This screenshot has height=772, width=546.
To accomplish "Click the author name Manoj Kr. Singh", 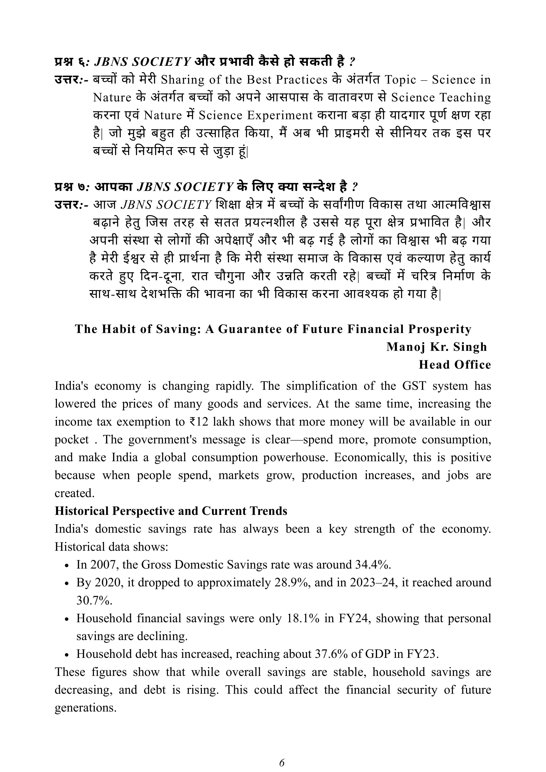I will pyautogui.click(x=436, y=347).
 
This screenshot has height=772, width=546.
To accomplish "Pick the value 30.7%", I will pyautogui.click(x=94, y=600).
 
